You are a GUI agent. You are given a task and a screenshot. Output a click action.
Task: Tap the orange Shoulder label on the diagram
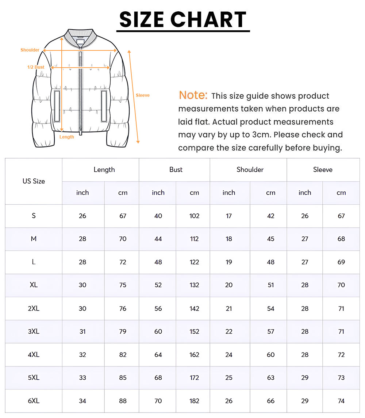click(x=30, y=50)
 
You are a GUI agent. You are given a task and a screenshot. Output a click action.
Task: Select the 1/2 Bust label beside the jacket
click(x=36, y=67)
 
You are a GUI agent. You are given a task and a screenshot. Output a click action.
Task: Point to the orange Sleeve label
click(x=143, y=95)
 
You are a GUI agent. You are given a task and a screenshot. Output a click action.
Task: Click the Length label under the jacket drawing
click(x=67, y=137)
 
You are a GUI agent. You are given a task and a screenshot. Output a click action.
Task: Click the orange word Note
click(x=193, y=95)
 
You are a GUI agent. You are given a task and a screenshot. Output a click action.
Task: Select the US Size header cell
click(x=34, y=181)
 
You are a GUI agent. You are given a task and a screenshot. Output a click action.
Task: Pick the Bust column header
click(x=176, y=170)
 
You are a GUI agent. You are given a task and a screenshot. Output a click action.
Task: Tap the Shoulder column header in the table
click(x=250, y=170)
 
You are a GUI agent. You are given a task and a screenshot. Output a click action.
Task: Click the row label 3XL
click(x=34, y=331)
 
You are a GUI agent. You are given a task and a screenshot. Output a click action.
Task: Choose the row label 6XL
click(x=34, y=401)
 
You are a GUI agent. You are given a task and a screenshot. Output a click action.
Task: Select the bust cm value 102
click(x=194, y=216)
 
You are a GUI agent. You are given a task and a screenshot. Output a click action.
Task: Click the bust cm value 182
click(x=194, y=401)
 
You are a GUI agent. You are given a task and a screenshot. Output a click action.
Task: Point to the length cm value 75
click(x=123, y=285)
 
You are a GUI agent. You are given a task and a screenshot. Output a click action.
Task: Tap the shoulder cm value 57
click(x=270, y=331)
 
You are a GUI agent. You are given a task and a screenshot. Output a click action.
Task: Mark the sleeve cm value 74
click(x=341, y=401)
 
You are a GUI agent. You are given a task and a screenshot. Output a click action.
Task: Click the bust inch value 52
click(x=158, y=285)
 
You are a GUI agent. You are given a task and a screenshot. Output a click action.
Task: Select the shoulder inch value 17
click(x=229, y=216)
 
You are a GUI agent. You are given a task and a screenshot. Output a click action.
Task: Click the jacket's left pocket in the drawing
click(x=57, y=106)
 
